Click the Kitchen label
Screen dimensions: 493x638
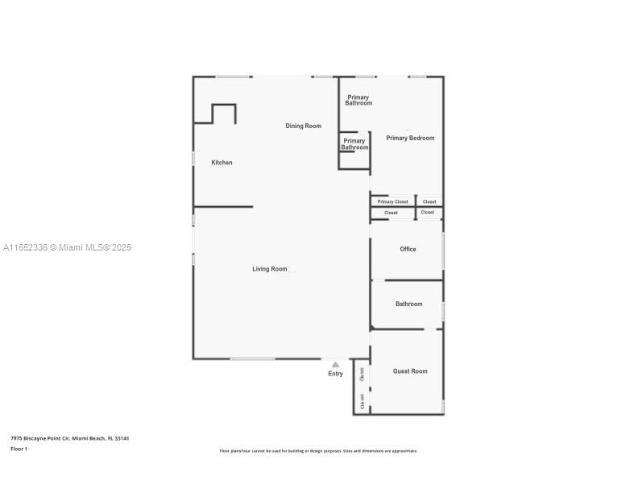tap(222, 163)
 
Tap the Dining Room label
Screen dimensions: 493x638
tap(303, 126)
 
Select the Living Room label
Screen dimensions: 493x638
tap(269, 269)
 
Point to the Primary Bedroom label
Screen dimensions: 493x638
tap(409, 139)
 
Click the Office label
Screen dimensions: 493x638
tap(408, 250)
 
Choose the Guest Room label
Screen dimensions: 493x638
tap(410, 371)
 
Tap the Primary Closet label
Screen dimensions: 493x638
tap(393, 202)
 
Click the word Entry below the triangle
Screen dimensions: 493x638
tap(335, 374)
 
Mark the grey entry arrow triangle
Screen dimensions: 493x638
tap(335, 364)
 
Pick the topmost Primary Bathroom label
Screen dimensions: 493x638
tap(358, 101)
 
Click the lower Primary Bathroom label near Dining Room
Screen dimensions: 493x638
tap(354, 144)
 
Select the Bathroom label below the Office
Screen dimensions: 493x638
tap(408, 304)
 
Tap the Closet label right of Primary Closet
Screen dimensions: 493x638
tap(429, 202)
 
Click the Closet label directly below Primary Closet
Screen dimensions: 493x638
tap(391, 213)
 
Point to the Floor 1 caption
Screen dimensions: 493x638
tap(19, 449)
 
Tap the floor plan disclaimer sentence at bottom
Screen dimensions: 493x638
tap(318, 451)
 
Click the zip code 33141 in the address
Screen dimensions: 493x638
tap(122, 438)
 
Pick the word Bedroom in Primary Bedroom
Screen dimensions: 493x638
tap(421, 139)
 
